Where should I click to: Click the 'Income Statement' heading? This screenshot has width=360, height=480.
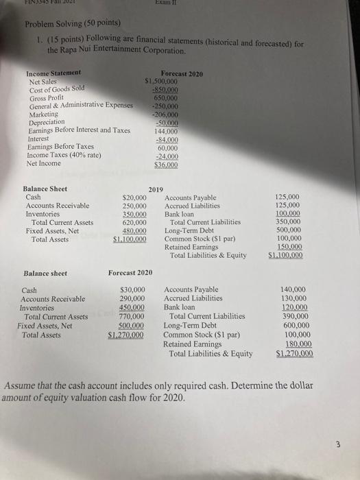(x=53, y=73)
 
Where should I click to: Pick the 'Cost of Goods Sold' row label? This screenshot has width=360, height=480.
(x=56, y=89)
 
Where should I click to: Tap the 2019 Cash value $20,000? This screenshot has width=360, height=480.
(x=133, y=197)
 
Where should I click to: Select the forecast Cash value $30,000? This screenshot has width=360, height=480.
(x=132, y=290)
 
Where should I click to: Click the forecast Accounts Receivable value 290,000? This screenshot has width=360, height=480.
(x=132, y=299)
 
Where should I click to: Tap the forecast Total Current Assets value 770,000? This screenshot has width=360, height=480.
(x=132, y=317)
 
